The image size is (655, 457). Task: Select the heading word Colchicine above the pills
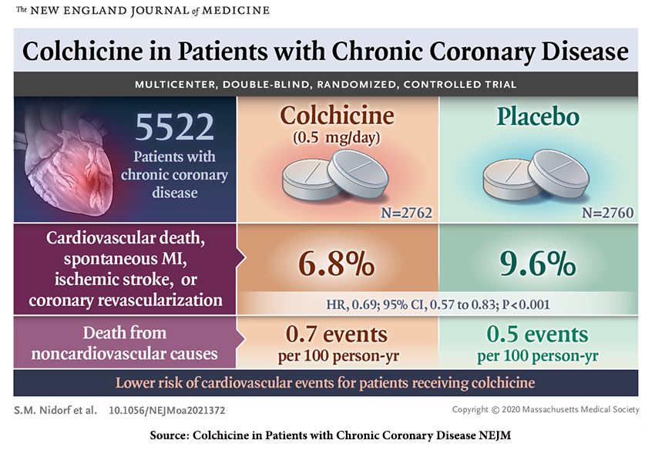(x=337, y=116)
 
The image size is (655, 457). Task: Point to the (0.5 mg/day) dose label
(x=336, y=139)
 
